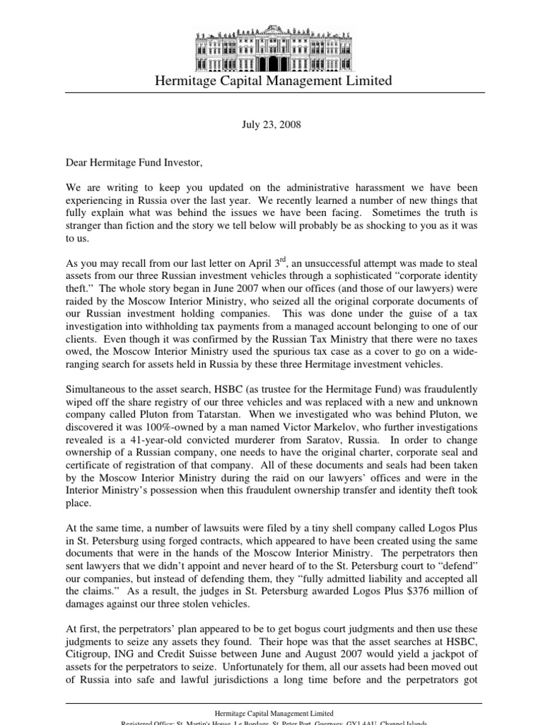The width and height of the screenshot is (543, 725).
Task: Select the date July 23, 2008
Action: pyautogui.click(x=271, y=125)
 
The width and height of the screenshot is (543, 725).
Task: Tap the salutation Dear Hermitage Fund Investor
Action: pyautogui.click(x=134, y=163)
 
